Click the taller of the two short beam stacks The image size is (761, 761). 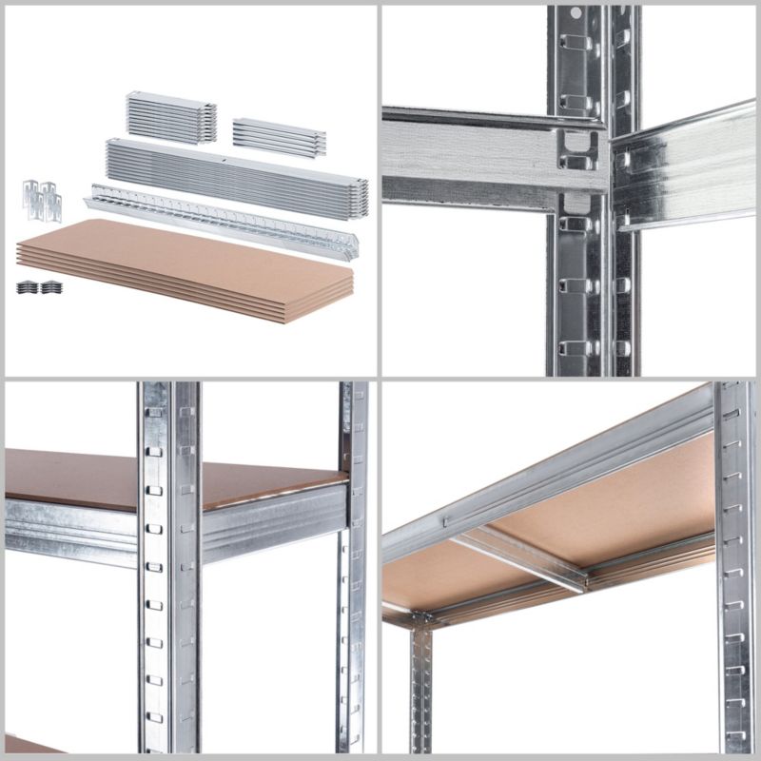pyautogui.click(x=171, y=117)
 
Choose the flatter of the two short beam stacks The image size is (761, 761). pyautogui.click(x=279, y=137)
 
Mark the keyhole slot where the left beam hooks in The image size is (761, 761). pyautogui.click(x=576, y=152)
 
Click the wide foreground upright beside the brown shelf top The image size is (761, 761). pyautogui.click(x=169, y=571)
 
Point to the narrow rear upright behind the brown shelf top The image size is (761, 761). pyautogui.click(x=353, y=571)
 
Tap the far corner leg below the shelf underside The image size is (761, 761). pyautogui.click(x=422, y=685)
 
